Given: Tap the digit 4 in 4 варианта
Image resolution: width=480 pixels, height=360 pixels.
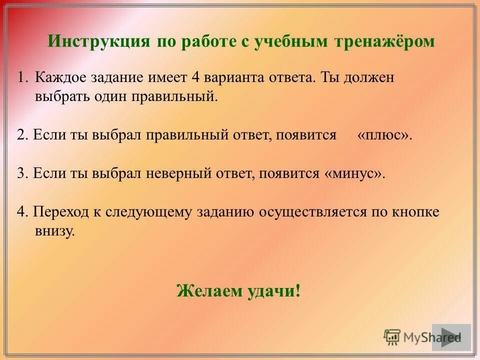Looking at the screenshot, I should click(195, 78).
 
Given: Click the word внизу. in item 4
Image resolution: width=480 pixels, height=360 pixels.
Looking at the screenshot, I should click(54, 230).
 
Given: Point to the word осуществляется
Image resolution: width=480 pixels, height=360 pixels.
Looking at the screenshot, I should click(312, 211).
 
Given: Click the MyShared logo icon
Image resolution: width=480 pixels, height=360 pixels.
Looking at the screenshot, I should click(392, 336).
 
